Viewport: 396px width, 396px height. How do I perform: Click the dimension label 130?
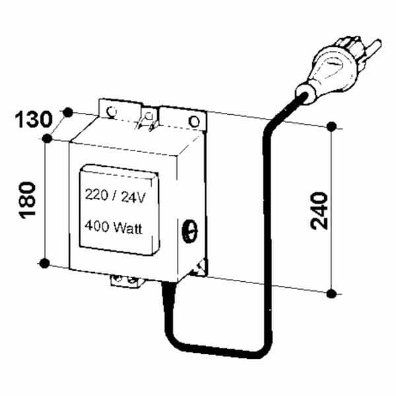[x=34, y=119]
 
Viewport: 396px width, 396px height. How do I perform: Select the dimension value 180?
[x=27, y=200]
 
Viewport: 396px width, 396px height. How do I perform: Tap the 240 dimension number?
[x=319, y=211]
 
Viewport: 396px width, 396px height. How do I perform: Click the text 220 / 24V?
[x=115, y=196]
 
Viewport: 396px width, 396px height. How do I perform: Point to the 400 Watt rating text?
[x=114, y=227]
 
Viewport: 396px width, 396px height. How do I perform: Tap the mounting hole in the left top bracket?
[x=111, y=112]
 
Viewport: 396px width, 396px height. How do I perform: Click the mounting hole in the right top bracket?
[x=194, y=121]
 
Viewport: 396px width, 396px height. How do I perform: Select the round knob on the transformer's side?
[x=190, y=231]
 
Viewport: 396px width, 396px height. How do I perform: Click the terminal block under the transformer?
[x=125, y=281]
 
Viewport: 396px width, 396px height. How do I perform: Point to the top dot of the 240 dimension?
[x=331, y=127]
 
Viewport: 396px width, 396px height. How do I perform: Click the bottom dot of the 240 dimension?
[x=331, y=294]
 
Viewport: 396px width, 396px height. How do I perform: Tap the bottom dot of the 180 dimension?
[x=44, y=263]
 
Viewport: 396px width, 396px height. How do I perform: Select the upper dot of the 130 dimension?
[x=68, y=112]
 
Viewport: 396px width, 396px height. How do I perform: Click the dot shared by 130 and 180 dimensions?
[x=47, y=139]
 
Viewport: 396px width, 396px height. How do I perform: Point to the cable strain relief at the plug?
[x=305, y=94]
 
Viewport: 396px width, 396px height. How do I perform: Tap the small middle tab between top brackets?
[x=149, y=119]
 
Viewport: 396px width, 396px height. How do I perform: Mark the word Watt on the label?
[x=128, y=228]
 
